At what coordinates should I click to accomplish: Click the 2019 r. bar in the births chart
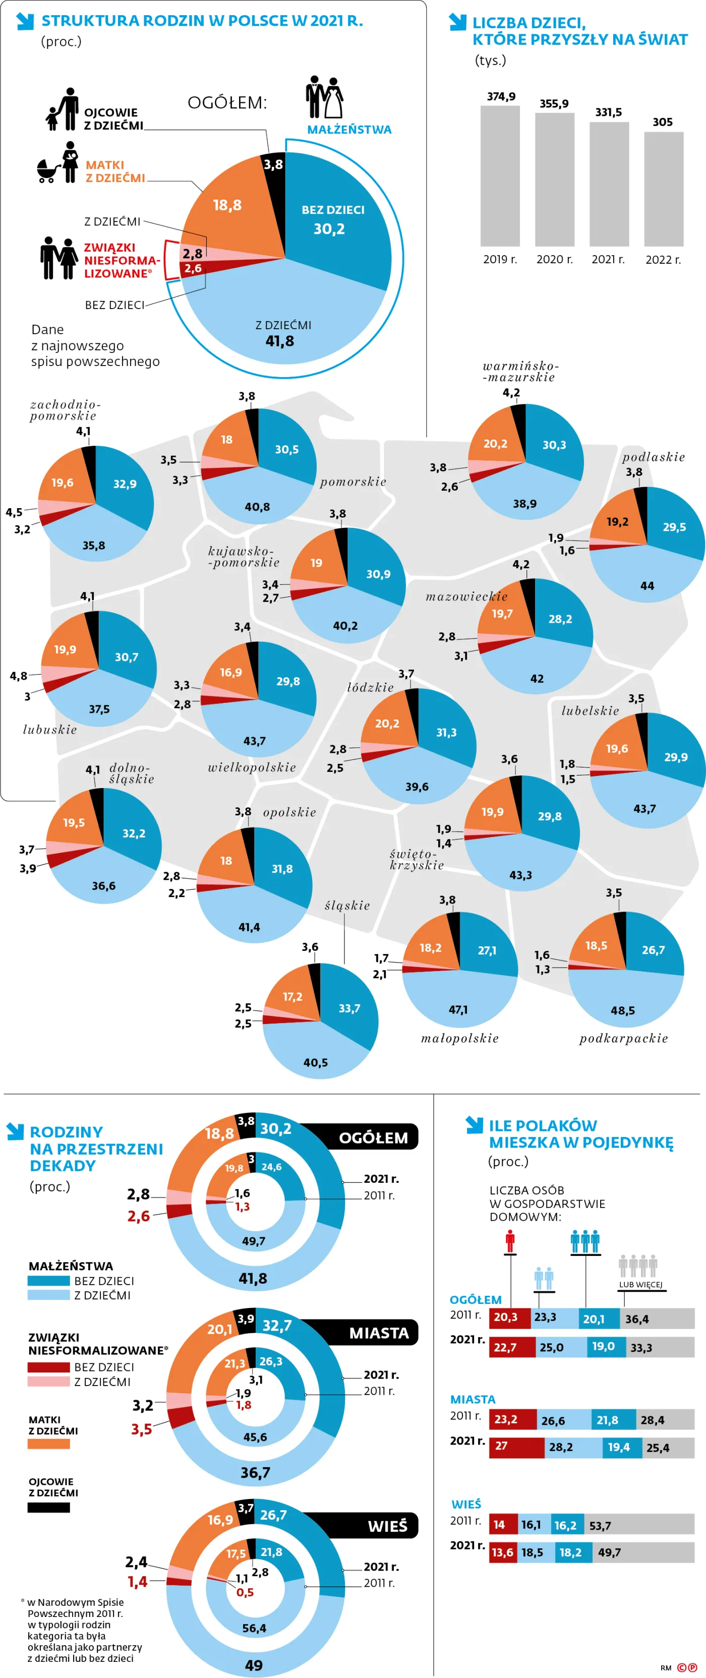click(500, 176)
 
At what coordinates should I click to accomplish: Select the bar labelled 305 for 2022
click(664, 189)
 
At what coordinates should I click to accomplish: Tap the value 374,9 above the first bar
click(501, 96)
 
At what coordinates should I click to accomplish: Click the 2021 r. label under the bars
click(608, 259)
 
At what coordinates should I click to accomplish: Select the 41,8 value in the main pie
click(279, 341)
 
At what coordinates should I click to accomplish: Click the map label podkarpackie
click(623, 1038)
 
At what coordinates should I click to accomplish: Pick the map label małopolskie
click(460, 1038)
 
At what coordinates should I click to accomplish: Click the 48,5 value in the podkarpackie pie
click(623, 1010)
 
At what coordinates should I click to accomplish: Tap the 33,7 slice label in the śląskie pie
click(349, 1008)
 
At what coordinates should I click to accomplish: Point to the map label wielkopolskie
click(252, 767)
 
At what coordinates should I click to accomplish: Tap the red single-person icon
click(510, 1241)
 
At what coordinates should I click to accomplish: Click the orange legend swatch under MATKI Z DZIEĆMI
click(48, 1444)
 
